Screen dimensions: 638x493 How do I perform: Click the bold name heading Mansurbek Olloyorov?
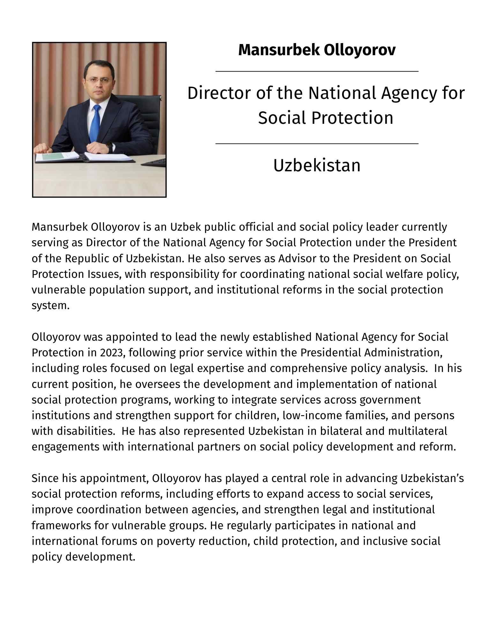click(317, 50)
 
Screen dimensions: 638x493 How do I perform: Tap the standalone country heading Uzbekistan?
click(317, 165)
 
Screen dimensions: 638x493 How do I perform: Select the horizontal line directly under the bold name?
click(317, 71)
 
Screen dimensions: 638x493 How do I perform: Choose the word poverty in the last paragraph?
click(171, 541)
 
